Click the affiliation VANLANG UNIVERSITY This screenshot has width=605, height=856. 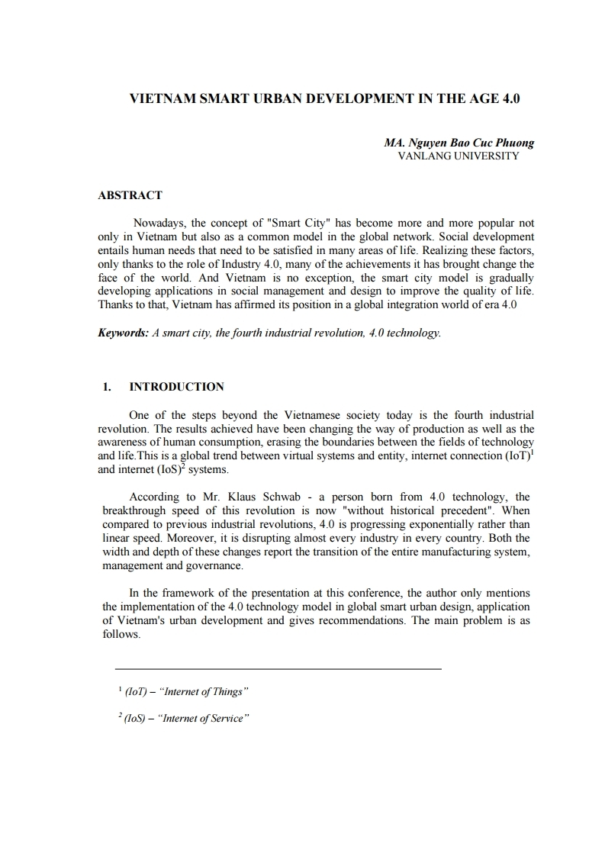459,156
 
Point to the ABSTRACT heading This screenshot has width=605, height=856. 130,195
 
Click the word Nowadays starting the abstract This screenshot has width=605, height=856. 158,224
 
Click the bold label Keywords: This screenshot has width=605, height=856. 124,333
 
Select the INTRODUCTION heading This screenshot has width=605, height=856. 177,387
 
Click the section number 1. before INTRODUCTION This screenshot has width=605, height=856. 108,387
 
